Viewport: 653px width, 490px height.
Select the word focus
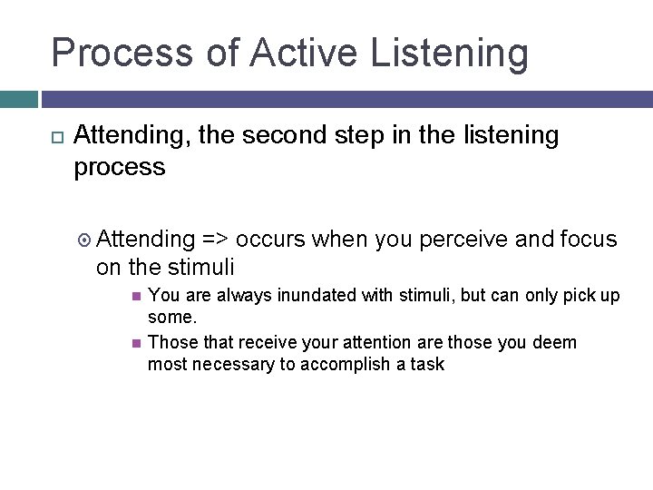coord(589,240)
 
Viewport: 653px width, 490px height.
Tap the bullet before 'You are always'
coord(135,295)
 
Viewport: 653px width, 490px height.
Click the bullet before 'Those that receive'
coord(135,343)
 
